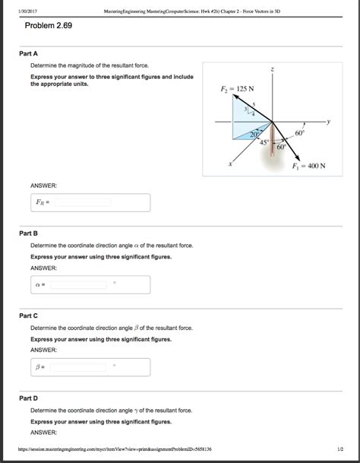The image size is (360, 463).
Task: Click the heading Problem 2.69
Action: pos(48,26)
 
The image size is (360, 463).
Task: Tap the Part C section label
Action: pos(29,315)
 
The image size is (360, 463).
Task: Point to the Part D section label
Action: pos(29,398)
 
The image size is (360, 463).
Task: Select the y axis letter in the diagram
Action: pos(330,121)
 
